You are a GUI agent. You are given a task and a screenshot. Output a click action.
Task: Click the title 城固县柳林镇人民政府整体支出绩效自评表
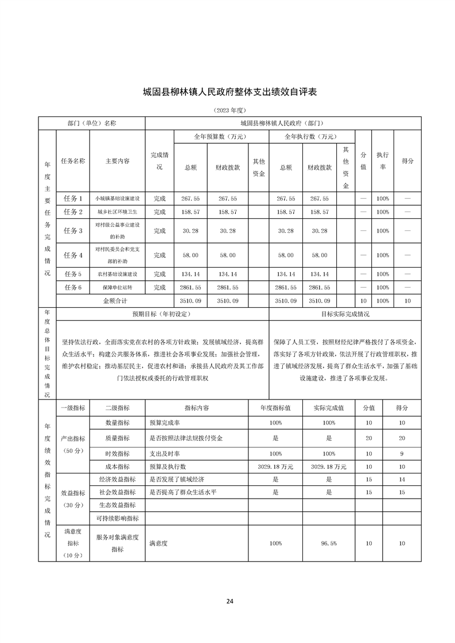pyautogui.click(x=230, y=92)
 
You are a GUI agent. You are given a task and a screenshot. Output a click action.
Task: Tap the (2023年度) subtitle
pyautogui.click(x=229, y=109)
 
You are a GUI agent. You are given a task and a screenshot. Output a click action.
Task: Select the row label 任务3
pyautogui.click(x=73, y=230)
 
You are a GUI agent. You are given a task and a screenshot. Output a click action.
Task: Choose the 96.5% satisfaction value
pyautogui.click(x=328, y=543)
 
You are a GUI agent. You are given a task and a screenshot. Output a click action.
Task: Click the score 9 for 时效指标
pyautogui.click(x=402, y=453)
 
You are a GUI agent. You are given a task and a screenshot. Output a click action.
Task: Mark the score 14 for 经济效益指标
pyautogui.click(x=402, y=479)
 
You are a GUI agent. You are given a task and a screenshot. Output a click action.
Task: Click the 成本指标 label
pyautogui.click(x=117, y=466)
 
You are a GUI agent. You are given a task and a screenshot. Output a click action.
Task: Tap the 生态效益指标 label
pyautogui.click(x=117, y=505)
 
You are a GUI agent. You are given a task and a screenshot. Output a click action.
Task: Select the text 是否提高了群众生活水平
pyautogui.click(x=182, y=492)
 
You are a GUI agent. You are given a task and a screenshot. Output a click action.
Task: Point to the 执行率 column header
pyautogui.click(x=382, y=161)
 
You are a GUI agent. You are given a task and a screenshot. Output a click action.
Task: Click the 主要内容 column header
pyautogui.click(x=118, y=161)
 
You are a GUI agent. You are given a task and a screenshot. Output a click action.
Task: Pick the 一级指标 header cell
pyautogui.click(x=73, y=407)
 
